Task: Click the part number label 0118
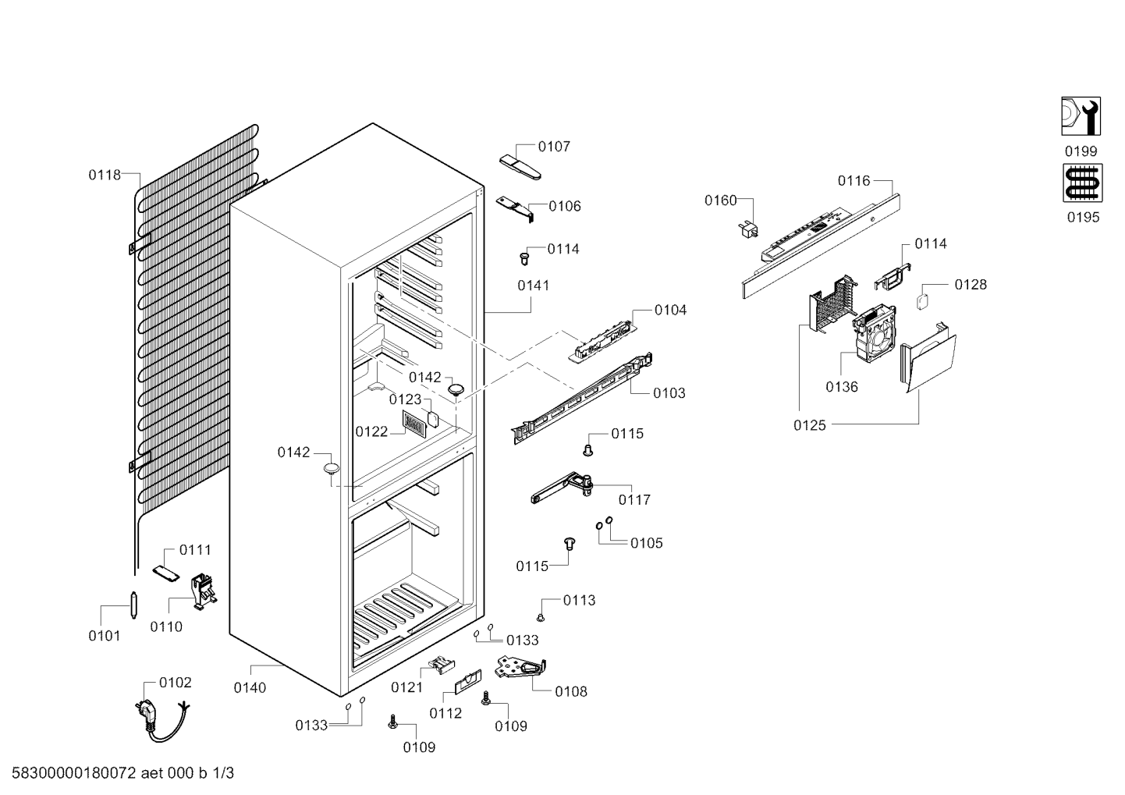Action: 105,175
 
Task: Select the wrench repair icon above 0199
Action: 1081,116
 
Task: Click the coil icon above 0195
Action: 1083,183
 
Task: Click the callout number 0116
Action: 854,181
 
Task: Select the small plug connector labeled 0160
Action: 748,229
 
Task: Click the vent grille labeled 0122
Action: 413,423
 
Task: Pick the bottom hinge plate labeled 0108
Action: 520,668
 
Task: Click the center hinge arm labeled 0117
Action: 562,487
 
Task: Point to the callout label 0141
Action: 534,286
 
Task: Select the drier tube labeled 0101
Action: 133,605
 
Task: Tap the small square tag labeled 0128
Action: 923,302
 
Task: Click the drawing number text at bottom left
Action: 122,773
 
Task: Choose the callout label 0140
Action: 250,687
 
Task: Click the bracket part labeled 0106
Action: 515,208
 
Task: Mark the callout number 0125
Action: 810,425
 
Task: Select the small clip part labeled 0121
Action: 442,665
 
